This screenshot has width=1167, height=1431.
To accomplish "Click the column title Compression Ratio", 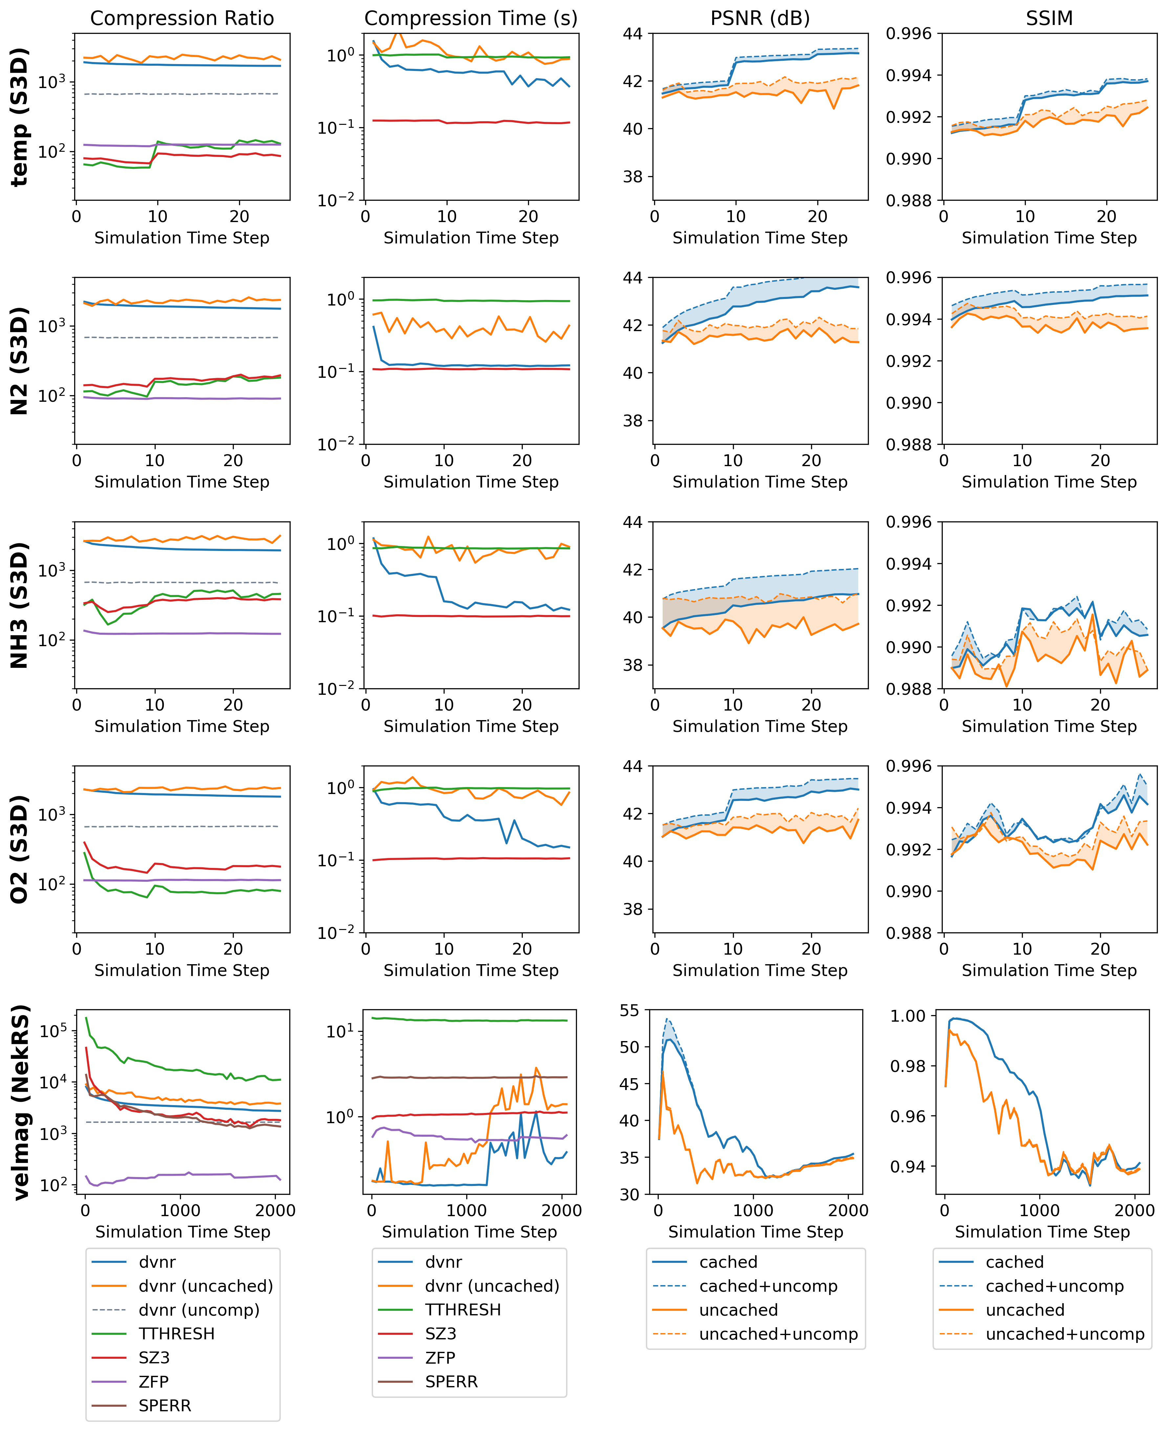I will pos(182,18).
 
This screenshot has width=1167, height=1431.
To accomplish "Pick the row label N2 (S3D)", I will pos(20,361).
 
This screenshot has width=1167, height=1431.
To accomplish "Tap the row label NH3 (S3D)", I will pos(20,605).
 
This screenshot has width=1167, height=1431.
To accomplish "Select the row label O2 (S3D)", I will pos(20,849).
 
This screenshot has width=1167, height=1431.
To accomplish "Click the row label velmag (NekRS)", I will pos(20,1103).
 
